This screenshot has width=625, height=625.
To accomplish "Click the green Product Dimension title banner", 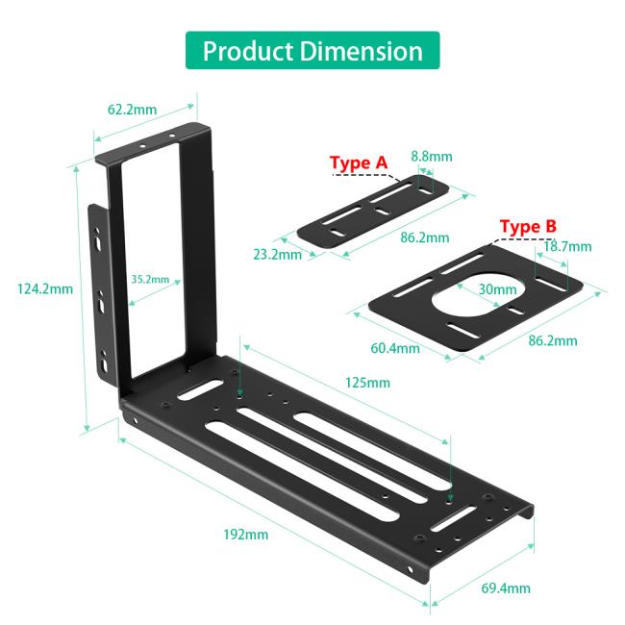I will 312,50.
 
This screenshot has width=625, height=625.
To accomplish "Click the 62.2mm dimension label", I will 132,110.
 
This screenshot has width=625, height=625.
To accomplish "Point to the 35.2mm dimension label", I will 150,281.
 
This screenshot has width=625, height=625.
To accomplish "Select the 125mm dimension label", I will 368,383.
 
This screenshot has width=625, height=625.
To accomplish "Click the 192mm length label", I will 244,535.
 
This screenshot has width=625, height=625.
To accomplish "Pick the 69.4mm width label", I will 506,588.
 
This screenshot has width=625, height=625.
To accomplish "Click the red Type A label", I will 359,163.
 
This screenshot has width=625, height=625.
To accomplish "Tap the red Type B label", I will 528,227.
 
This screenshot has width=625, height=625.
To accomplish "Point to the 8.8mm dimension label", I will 432,156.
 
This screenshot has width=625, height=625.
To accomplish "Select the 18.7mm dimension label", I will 567,246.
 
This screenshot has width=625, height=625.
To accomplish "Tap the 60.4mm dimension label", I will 396,347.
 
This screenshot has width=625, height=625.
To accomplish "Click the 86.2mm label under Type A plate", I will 424,237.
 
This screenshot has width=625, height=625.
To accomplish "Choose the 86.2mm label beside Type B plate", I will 553,340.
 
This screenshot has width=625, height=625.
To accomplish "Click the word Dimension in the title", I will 362,50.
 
